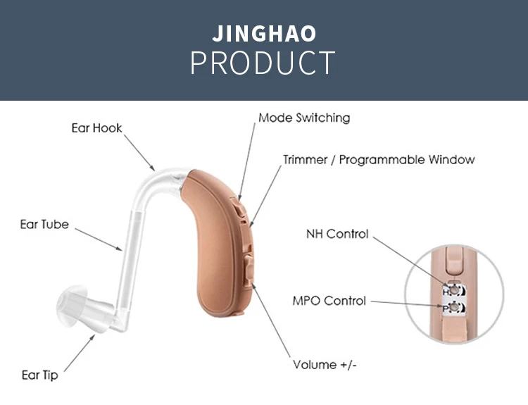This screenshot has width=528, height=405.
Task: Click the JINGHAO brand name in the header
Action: [264, 33]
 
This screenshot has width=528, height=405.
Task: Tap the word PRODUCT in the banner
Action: [263, 63]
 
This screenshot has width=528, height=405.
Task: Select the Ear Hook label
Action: [96, 128]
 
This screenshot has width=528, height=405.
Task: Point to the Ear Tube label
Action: [44, 225]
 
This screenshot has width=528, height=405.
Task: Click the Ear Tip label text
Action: [39, 375]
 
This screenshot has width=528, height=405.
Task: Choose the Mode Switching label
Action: [303, 118]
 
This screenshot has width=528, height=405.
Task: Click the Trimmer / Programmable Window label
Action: [379, 159]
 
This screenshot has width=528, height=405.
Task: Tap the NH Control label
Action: [337, 234]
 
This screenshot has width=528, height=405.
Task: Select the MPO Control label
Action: [329, 301]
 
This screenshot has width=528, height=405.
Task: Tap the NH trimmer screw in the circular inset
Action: [455, 289]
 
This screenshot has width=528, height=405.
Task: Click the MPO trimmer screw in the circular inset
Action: [455, 308]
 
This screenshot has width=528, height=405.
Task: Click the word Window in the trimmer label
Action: [450, 159]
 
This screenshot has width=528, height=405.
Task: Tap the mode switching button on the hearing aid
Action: [241, 210]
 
